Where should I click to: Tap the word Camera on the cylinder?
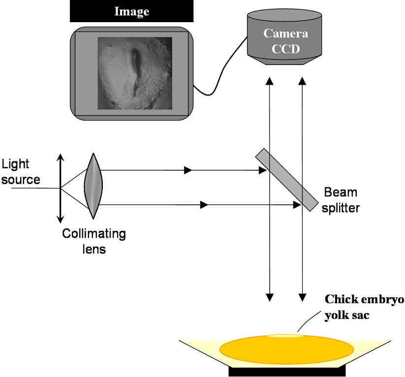(285, 33)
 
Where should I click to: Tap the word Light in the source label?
(16, 165)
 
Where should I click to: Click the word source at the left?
(21, 179)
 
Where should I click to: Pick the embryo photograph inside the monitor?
(135, 73)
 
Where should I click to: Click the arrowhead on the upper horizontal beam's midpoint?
(187, 171)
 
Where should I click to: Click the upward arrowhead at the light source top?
(61, 157)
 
